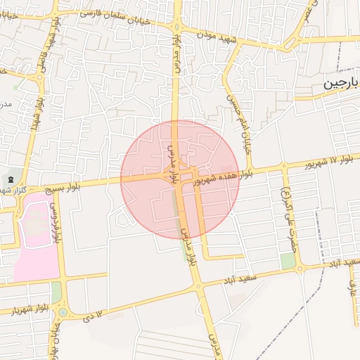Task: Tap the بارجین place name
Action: tap(341, 84)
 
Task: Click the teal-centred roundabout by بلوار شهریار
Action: tap(63, 311)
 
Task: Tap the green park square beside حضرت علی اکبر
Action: tap(288, 261)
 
